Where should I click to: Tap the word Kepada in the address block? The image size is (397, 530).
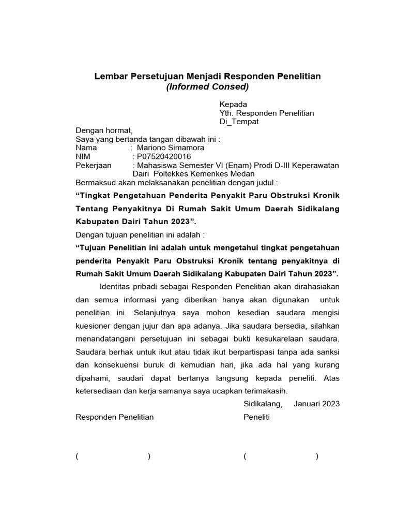(x=234, y=104)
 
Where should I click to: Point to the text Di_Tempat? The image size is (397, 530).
(x=239, y=122)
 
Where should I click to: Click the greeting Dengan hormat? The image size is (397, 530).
(x=104, y=130)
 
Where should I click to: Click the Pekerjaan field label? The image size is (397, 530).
(x=94, y=165)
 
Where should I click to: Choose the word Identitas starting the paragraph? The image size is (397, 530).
(x=114, y=286)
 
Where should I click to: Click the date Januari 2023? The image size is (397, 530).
(x=316, y=404)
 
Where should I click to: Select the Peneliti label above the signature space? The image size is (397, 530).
(x=256, y=417)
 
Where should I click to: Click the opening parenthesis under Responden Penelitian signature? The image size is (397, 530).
(x=77, y=456)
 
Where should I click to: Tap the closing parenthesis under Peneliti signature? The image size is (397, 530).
(x=317, y=456)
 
